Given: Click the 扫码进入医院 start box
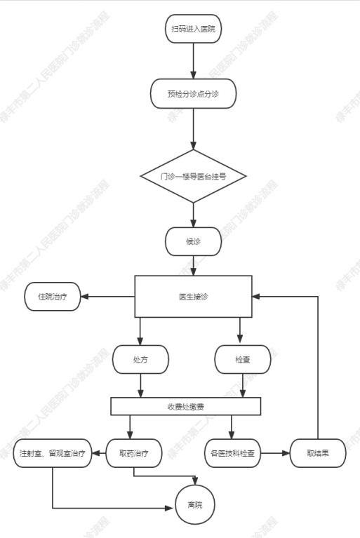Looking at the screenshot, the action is pyautogui.click(x=193, y=29).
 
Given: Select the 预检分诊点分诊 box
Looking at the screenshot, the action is pyautogui.click(x=193, y=94).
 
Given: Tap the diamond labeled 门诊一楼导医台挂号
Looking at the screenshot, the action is pyautogui.click(x=193, y=176).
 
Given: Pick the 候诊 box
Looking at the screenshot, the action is pyautogui.click(x=193, y=241).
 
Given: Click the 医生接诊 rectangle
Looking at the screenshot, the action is pyautogui.click(x=193, y=297).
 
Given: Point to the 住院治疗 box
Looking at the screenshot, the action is pyautogui.click(x=52, y=297).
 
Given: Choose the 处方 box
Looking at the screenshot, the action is pyautogui.click(x=140, y=360).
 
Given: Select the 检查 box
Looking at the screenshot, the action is pyautogui.click(x=243, y=360).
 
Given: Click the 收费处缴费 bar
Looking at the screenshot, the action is pyautogui.click(x=186, y=407).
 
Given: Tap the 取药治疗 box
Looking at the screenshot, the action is pyautogui.click(x=133, y=453).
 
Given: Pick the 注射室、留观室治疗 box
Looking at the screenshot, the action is pyautogui.click(x=53, y=453).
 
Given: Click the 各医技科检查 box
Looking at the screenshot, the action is pyautogui.click(x=233, y=453).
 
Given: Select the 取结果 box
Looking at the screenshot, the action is pyautogui.click(x=318, y=453).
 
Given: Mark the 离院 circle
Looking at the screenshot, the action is pyautogui.click(x=195, y=505).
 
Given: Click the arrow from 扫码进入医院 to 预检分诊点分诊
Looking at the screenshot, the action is pyautogui.click(x=193, y=61).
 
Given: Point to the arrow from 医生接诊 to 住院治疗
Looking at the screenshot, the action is pyautogui.click(x=107, y=297).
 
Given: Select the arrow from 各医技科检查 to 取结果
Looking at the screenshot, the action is pyautogui.click(x=275, y=453).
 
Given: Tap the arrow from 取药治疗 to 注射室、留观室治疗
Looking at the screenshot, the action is pyautogui.click(x=99, y=453).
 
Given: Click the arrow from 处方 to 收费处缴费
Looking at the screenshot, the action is pyautogui.click(x=140, y=386).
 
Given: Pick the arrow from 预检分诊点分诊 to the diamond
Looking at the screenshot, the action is pyautogui.click(x=193, y=129).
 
